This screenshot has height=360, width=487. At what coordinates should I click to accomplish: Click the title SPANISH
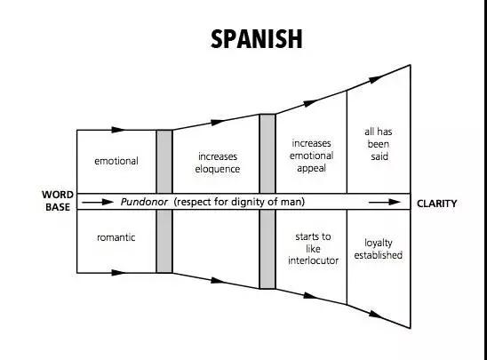pyautogui.click(x=256, y=39)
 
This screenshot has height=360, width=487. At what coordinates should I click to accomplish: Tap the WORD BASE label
pyautogui.click(x=58, y=201)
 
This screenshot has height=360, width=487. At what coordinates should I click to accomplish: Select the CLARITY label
pyautogui.click(x=436, y=204)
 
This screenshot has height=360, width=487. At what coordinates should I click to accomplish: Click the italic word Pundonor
pyautogui.click(x=144, y=202)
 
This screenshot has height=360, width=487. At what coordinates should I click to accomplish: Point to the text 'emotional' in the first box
pyautogui.click(x=116, y=161)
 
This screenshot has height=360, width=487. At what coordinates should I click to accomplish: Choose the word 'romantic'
pyautogui.click(x=116, y=237)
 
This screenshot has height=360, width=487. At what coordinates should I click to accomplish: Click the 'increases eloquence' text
pyautogui.click(x=218, y=163)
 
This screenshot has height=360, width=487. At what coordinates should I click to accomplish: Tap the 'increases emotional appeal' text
pyautogui.click(x=312, y=156)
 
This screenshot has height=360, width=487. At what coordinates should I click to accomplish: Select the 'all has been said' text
pyautogui.click(x=379, y=144)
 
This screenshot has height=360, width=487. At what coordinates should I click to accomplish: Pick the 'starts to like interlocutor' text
pyautogui.click(x=313, y=249)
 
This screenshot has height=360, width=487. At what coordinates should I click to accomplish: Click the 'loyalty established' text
pyautogui.click(x=379, y=249)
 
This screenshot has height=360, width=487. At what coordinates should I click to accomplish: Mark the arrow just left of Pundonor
pyautogui.click(x=98, y=202)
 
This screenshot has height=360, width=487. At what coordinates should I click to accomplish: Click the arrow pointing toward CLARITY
pyautogui.click(x=385, y=202)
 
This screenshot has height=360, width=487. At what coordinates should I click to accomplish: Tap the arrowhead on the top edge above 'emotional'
pyautogui.click(x=118, y=130)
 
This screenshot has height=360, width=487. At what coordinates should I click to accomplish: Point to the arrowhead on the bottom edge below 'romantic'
pyautogui.click(x=118, y=273)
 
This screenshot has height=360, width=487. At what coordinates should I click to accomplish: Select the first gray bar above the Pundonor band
pyautogui.click(x=164, y=162)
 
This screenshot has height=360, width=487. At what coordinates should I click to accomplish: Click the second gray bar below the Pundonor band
pyautogui.click(x=267, y=249)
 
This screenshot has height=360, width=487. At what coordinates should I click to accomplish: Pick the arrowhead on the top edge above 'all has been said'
pyautogui.click(x=375, y=79)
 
